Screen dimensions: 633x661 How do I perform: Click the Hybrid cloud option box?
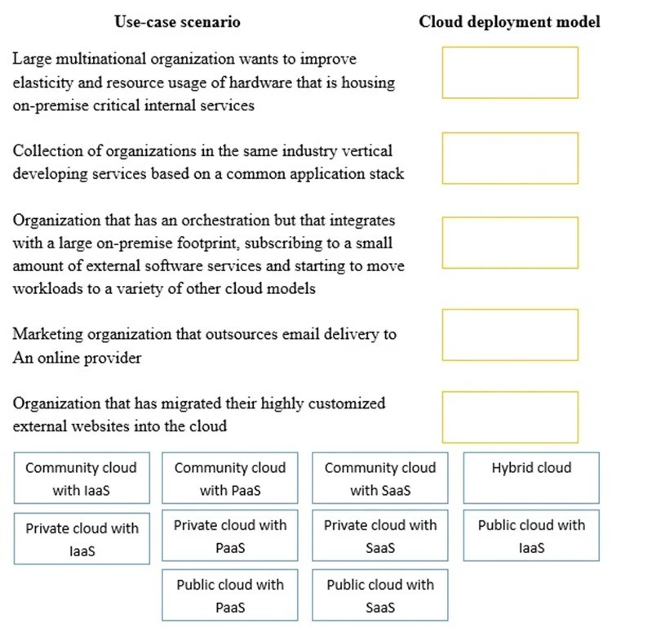531,478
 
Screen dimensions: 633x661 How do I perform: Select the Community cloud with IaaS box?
82,478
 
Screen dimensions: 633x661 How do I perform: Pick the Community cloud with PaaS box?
230,478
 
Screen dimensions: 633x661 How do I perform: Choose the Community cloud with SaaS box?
380,478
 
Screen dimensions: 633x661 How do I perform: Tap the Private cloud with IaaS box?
82,538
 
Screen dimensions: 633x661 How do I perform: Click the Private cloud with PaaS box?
230,536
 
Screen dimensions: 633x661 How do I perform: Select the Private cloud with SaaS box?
380,536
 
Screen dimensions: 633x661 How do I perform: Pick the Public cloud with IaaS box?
531,536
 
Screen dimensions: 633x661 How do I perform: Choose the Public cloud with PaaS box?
230,595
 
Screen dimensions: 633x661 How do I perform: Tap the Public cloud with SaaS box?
380,595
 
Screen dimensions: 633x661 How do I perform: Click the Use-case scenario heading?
177,22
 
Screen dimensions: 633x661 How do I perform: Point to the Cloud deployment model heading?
509,22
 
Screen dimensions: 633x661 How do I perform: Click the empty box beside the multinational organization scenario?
510,73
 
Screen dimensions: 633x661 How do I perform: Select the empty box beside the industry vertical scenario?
510,158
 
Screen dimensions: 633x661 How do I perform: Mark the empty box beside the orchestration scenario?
510,243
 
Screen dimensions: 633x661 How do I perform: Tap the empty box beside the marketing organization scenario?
510,334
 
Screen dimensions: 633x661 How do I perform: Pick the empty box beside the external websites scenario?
510,417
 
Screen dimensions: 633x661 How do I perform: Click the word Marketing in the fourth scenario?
46,334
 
